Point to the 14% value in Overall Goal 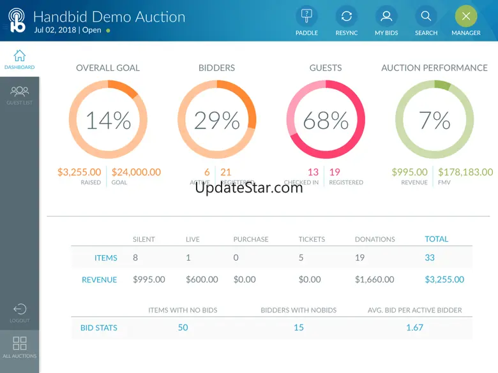coord(108,121)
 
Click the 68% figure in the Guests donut coord(326,121)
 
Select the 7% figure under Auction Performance coord(434,121)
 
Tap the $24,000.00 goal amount coord(136,172)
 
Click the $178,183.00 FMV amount coord(465,172)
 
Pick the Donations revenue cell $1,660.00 coord(375,279)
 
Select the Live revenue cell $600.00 coord(202,279)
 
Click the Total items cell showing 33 coord(430,258)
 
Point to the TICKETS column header coord(312,239)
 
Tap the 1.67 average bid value coord(414,328)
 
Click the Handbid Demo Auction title coord(109,17)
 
